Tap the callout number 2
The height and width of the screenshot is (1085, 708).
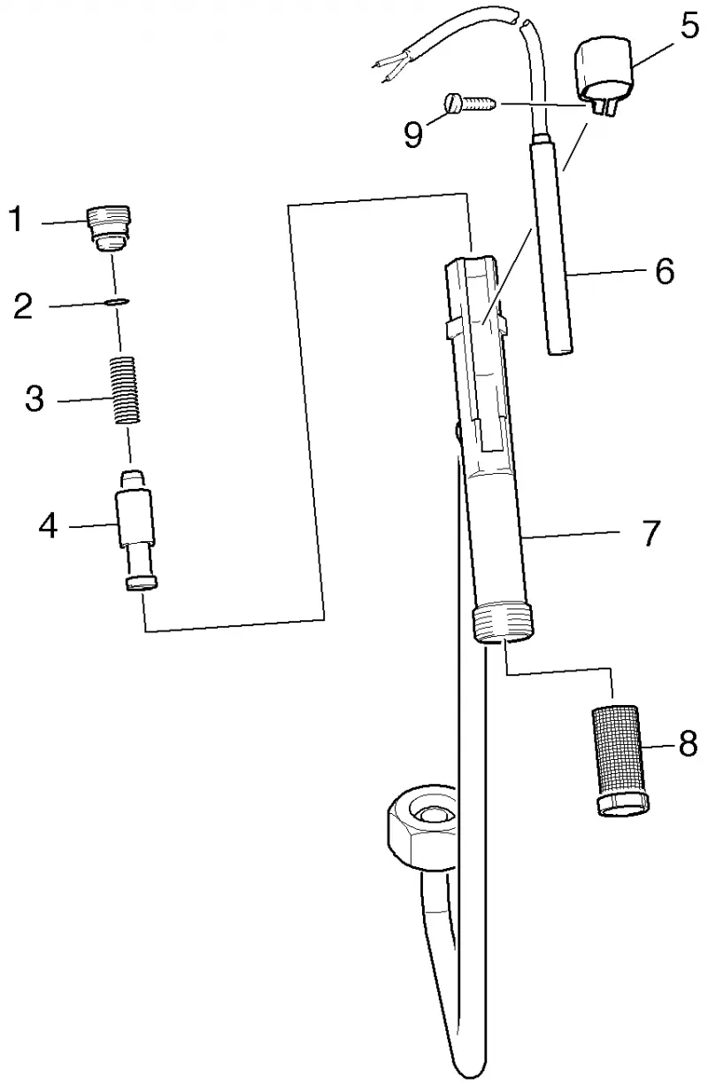[23, 306]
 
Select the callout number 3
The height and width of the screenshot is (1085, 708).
[35, 399]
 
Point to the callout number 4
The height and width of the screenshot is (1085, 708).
[48, 526]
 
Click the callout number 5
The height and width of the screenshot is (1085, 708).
[689, 26]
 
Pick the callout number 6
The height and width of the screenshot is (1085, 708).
[665, 271]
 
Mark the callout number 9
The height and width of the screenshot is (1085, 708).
[413, 134]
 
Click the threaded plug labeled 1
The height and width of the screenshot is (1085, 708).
[109, 229]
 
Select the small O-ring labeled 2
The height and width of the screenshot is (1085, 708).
[116, 302]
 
